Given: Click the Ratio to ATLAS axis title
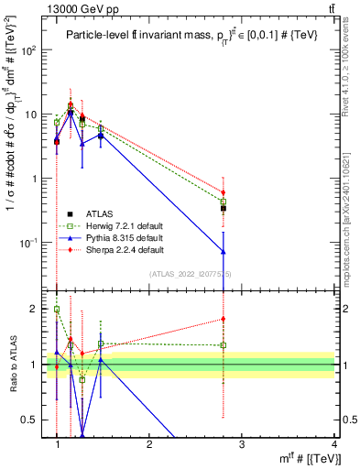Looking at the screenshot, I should click(14, 365).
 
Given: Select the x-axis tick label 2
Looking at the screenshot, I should click(149, 444).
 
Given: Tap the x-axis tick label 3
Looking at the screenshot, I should click(241, 444).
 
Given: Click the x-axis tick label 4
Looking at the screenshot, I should click(333, 444).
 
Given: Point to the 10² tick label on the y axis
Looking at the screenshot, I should click(30, 50).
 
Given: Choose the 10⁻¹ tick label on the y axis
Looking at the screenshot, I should click(30, 243).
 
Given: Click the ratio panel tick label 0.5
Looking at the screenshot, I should click(31, 420).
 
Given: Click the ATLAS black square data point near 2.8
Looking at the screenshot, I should click(223, 209).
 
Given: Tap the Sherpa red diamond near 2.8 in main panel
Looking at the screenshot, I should click(223, 193).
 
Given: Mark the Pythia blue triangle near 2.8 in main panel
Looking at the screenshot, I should click(223, 251).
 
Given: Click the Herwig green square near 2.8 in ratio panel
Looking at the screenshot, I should click(223, 345).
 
